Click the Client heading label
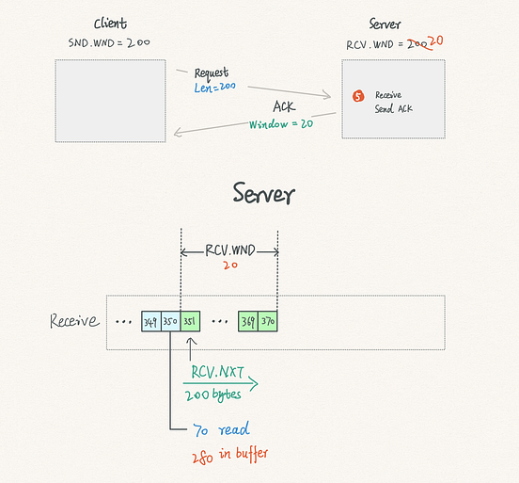click(111, 23)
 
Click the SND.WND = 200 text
click(109, 43)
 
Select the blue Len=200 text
click(214, 87)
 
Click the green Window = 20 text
click(281, 123)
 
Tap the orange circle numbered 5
click(357, 96)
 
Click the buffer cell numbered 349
click(151, 322)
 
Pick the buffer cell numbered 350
click(170, 322)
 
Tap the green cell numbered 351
click(190, 322)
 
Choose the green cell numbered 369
click(248, 322)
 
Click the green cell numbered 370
click(268, 322)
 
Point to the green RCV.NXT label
click(218, 370)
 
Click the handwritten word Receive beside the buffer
click(74, 321)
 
